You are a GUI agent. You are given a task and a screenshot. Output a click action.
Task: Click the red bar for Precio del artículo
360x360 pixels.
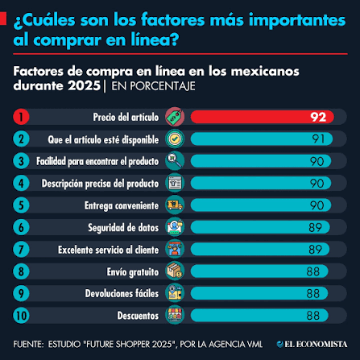(263, 117)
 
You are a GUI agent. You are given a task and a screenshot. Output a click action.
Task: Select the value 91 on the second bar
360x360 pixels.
(318, 139)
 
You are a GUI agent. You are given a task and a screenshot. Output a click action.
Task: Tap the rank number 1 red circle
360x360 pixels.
(21, 117)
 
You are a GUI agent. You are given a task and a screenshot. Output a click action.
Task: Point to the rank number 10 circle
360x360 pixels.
(21, 316)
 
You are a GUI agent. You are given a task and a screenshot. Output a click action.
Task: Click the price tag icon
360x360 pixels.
(175, 117)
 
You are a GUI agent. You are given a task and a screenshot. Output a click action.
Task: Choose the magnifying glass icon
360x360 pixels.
(175, 161)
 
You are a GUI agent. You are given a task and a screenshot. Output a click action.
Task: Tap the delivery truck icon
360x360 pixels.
(175, 205)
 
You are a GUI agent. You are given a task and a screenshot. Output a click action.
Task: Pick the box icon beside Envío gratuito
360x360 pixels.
(175, 271)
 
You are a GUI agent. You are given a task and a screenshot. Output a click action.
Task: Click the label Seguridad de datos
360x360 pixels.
(123, 228)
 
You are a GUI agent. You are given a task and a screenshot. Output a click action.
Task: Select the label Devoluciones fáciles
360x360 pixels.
(122, 293)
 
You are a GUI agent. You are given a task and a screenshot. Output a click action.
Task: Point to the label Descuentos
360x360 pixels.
(138, 316)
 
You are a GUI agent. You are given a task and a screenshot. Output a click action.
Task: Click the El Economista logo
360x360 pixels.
(312, 344)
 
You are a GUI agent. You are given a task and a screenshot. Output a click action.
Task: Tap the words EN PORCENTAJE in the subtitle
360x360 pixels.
(153, 86)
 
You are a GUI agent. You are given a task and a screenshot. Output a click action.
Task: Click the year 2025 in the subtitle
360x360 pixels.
(84, 86)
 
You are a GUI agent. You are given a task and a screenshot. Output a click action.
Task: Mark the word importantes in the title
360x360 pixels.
(297, 21)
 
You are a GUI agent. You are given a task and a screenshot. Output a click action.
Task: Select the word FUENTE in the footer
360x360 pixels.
(28, 344)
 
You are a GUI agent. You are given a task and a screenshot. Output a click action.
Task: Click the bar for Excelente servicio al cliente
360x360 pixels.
(260, 250)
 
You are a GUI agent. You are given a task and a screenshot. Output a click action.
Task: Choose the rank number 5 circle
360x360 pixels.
(21, 205)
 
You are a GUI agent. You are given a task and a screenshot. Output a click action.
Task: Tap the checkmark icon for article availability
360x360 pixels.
(175, 139)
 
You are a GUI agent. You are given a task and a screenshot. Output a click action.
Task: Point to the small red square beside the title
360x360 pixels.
(3, 19)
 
